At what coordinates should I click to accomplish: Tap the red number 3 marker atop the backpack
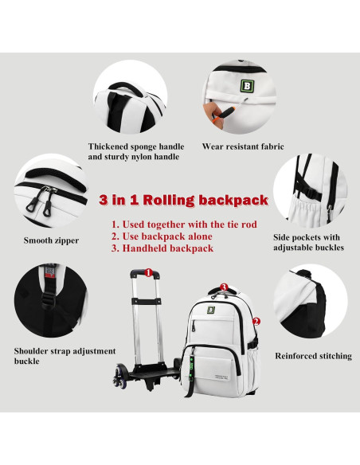tap(224, 287)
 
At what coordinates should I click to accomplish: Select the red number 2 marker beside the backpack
tap(256, 322)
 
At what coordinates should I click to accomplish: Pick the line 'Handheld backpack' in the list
tap(162, 248)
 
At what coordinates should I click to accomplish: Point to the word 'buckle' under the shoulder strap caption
tap(27, 361)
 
